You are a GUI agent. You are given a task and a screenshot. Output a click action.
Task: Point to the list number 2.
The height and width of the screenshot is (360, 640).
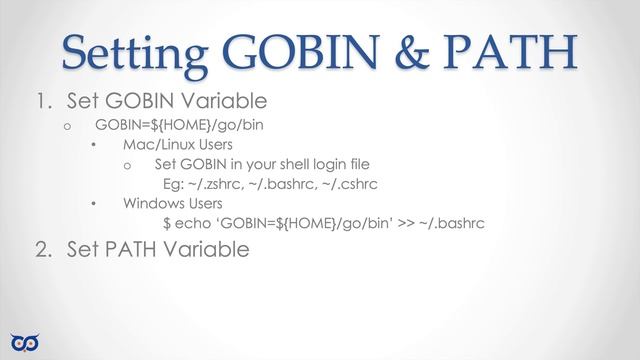41,249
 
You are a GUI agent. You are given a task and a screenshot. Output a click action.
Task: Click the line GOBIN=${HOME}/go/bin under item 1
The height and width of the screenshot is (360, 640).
179,125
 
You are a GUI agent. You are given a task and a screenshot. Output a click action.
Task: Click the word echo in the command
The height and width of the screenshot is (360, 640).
195,224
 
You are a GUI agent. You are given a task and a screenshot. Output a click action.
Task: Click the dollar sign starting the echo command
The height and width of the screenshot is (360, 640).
166,224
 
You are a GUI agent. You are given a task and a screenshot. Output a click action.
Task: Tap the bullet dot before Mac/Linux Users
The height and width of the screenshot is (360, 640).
92,146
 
